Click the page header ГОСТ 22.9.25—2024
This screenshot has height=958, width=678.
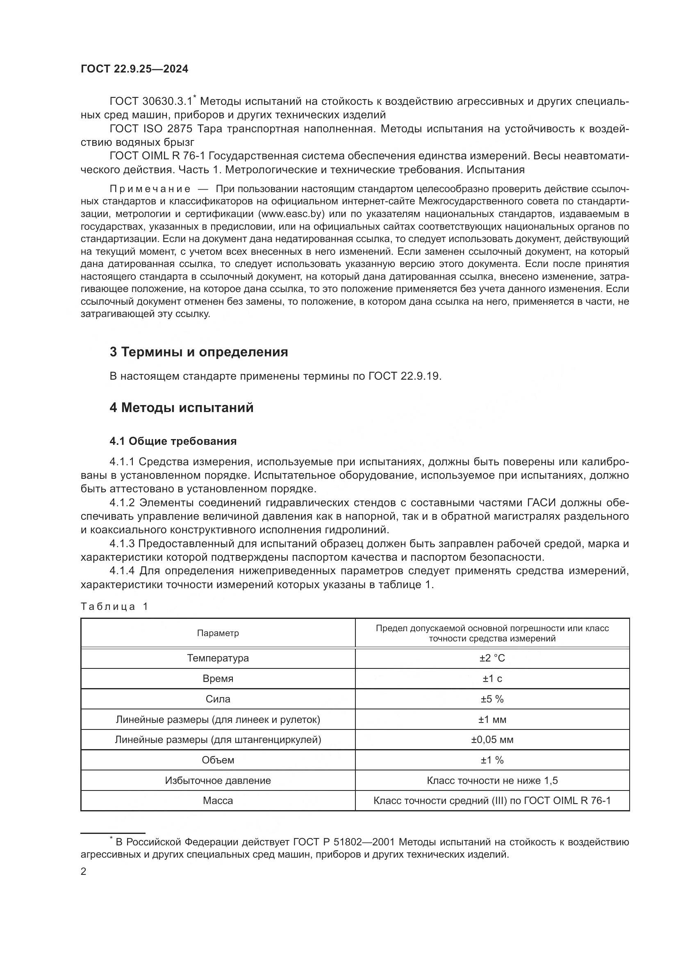[x=134, y=69]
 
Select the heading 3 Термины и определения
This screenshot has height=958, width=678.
[x=199, y=352]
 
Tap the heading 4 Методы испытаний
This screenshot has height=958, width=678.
[x=181, y=407]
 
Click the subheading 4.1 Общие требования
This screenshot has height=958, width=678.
[x=173, y=441]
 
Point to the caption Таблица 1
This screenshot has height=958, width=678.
[x=114, y=607]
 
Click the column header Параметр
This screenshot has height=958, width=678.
[x=218, y=633]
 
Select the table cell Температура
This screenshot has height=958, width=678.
[x=218, y=659]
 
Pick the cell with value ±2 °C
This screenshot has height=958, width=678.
[x=492, y=659]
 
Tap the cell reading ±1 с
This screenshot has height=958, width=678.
[x=492, y=679]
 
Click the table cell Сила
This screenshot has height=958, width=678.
[x=218, y=699]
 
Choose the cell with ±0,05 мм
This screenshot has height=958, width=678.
[x=492, y=740]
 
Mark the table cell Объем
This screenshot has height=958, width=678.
[x=218, y=760]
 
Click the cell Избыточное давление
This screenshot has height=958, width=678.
[x=218, y=781]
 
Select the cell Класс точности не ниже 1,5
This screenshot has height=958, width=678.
[x=492, y=781]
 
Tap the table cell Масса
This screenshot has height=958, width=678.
[x=218, y=801]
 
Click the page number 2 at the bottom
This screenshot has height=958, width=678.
[x=84, y=872]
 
